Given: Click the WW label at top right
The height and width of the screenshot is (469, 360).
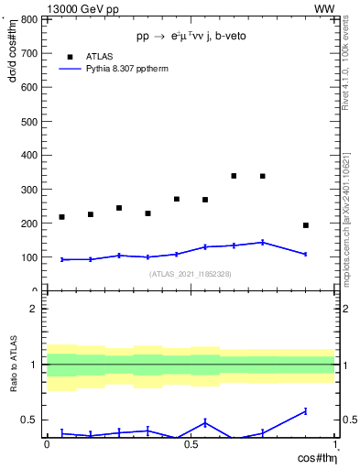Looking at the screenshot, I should [324, 8].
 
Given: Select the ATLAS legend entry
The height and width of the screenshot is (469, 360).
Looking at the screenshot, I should [99, 56].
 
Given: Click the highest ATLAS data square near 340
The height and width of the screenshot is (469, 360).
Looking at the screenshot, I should [235, 176].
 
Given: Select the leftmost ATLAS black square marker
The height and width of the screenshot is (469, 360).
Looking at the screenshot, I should [61, 217].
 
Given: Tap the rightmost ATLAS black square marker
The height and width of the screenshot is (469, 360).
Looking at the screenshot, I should [306, 225].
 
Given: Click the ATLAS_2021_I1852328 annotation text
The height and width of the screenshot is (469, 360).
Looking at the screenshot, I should [191, 274].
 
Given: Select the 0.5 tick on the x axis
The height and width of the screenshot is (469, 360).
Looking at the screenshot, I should [190, 444].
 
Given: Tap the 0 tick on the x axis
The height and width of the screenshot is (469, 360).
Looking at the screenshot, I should [47, 444].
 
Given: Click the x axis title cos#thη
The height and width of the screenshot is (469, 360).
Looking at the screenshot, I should [314, 457].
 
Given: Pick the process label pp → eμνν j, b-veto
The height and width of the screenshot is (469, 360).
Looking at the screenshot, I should [191, 36].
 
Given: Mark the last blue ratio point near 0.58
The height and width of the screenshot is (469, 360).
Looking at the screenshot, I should [306, 411].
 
